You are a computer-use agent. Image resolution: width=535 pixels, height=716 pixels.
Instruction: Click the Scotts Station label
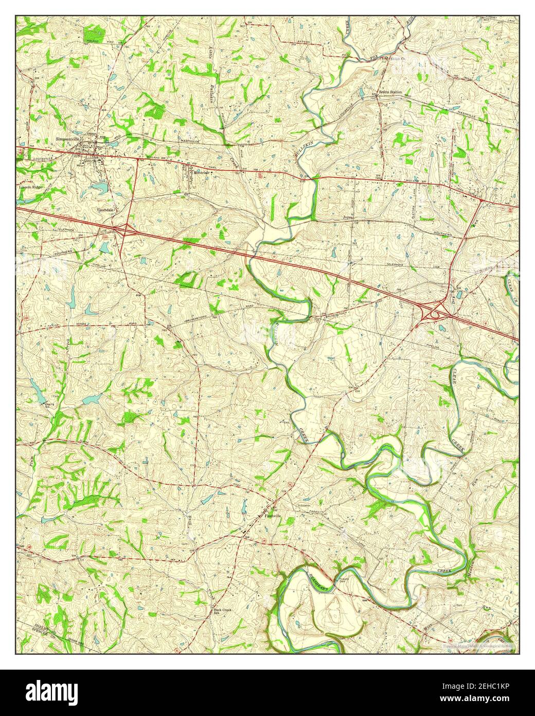[390, 92]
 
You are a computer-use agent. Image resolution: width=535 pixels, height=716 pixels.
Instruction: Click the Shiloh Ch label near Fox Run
[398, 58]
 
